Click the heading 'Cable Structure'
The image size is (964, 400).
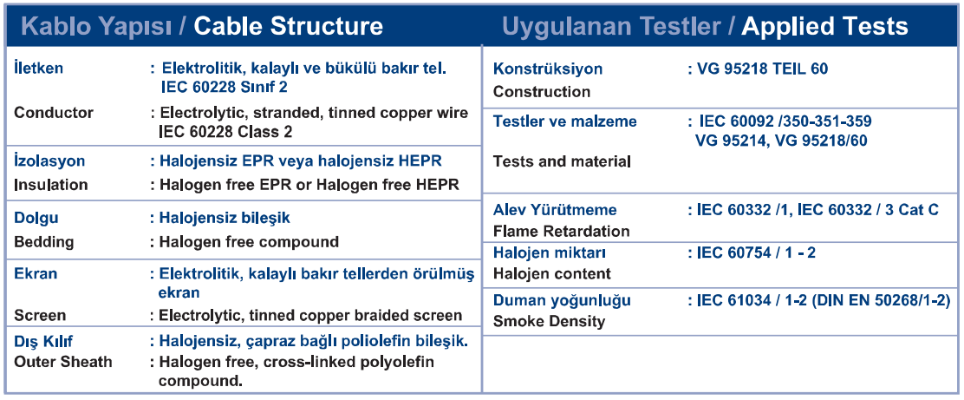click(x=289, y=26)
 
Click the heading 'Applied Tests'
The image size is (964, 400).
click(x=824, y=26)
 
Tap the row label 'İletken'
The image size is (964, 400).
click(x=38, y=68)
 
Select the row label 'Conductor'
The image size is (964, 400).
click(x=54, y=113)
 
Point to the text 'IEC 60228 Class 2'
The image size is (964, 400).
click(x=225, y=132)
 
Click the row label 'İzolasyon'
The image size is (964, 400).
click(x=49, y=161)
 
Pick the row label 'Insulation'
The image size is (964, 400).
click(x=51, y=185)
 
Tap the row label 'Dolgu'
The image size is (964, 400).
click(x=36, y=218)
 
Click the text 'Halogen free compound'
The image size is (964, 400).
click(x=249, y=242)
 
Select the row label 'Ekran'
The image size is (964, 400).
click(x=36, y=272)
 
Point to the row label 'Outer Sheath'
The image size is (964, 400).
click(x=63, y=361)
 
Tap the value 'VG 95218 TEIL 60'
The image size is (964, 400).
click(x=762, y=69)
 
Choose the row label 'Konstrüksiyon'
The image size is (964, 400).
click(x=548, y=69)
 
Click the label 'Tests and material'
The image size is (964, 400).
click(x=562, y=162)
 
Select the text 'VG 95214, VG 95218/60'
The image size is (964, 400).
click(x=781, y=141)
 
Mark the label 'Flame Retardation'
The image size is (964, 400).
click(x=561, y=232)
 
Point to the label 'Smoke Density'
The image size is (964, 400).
click(x=549, y=321)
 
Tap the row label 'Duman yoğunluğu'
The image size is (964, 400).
click(x=562, y=301)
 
